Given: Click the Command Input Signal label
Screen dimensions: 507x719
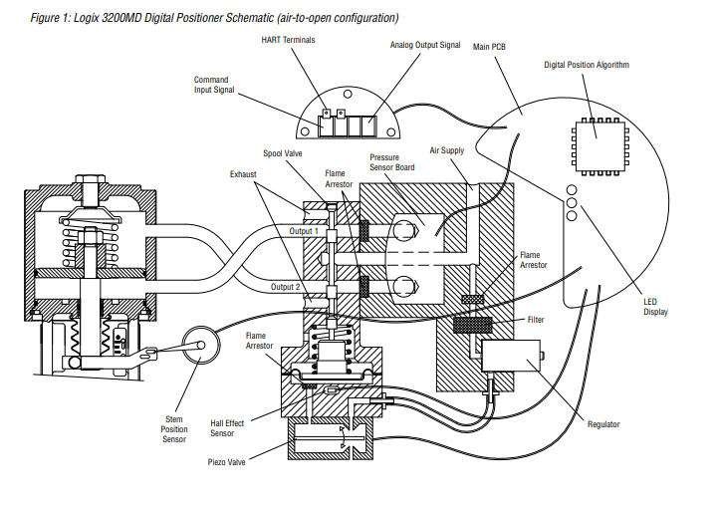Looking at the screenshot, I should click(x=210, y=85).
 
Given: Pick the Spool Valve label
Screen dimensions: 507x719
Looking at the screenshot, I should click(x=283, y=153).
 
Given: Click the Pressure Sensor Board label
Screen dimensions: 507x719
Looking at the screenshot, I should click(x=392, y=162).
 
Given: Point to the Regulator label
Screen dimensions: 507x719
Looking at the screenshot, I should click(x=602, y=424).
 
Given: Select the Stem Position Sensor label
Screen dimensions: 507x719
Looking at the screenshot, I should click(x=175, y=428).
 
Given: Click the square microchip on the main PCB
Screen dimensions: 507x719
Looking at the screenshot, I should click(x=596, y=142).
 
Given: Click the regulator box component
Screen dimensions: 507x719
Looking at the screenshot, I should click(x=510, y=354).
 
